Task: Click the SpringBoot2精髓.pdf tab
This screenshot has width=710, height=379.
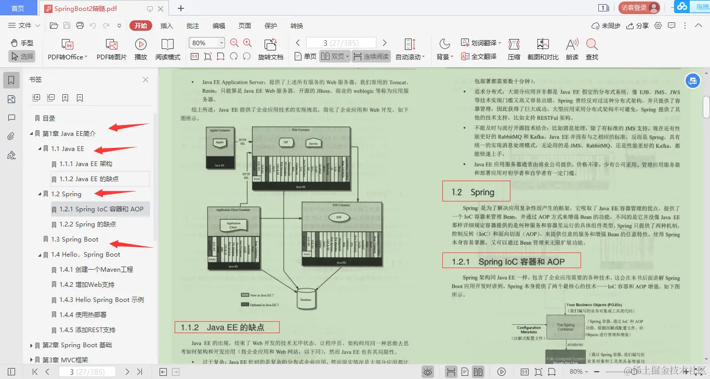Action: (x=86, y=8)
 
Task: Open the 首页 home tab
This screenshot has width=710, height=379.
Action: (x=18, y=8)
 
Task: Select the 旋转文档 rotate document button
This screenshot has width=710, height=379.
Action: (x=270, y=49)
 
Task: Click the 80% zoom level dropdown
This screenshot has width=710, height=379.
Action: (x=207, y=43)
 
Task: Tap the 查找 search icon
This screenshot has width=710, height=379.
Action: (x=591, y=49)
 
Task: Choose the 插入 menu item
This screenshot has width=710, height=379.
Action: (x=167, y=26)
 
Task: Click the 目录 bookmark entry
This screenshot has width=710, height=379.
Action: (x=49, y=118)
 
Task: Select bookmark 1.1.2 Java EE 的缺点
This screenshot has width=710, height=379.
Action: (x=89, y=179)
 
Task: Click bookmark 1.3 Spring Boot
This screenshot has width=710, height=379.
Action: (x=75, y=239)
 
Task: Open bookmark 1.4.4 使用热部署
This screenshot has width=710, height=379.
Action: (x=83, y=314)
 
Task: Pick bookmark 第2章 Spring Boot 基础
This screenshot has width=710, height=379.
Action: (x=77, y=345)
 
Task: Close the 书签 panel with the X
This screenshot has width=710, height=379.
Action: (x=146, y=80)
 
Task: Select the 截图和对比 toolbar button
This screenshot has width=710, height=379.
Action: (x=543, y=49)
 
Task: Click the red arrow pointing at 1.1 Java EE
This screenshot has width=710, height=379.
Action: (x=117, y=150)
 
